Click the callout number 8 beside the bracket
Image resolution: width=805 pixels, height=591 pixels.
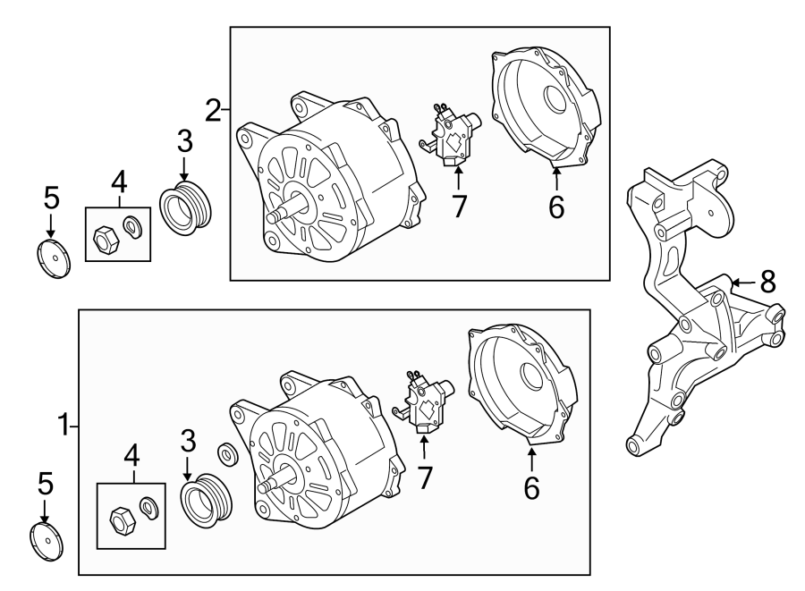coord(767,283)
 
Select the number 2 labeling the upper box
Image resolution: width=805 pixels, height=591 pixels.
coord(213,110)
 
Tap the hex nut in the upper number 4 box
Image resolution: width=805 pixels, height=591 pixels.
coord(104,238)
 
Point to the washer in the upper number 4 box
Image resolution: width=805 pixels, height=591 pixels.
coord(133,229)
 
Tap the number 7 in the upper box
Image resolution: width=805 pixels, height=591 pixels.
coord(459,207)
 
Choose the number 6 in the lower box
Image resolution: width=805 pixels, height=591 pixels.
coord(531,488)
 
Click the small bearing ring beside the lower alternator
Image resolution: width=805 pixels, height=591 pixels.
coord(227,453)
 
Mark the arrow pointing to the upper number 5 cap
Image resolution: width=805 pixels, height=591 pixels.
coord(51,224)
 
